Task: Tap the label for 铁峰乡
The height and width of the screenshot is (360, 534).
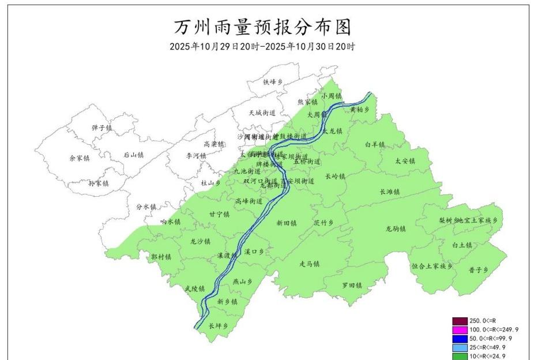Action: [274, 82]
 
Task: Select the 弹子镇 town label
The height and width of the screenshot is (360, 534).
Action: [101, 127]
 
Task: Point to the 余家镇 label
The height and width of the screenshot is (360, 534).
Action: [80, 157]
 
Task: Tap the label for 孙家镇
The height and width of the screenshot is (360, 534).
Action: [98, 183]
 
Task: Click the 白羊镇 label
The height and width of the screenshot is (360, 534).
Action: [375, 144]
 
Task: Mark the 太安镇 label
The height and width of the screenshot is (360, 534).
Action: [405, 161]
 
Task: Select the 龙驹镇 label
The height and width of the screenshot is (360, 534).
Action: [396, 228]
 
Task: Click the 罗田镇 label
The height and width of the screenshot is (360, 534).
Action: [351, 285]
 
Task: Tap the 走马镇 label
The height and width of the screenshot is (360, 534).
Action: [309, 264]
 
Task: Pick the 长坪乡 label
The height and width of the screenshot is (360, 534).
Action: [219, 326]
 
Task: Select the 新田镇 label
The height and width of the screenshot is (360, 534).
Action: [286, 223]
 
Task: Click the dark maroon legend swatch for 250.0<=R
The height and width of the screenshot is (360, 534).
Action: [460, 321]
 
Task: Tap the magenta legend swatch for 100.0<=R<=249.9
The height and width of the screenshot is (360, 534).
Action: [460, 329]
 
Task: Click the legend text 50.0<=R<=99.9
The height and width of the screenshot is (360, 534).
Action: [491, 338]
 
